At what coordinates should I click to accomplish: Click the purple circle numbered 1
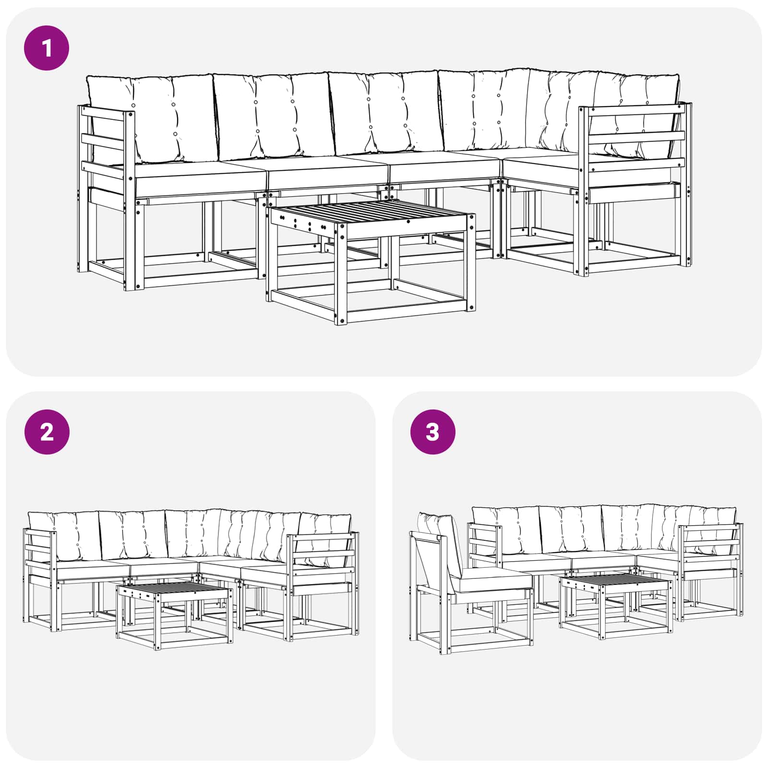47,48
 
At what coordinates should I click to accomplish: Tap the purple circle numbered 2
47,432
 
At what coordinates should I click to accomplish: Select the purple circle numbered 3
432,432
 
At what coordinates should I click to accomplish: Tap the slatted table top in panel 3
615,580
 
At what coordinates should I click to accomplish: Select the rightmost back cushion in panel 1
638,115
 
